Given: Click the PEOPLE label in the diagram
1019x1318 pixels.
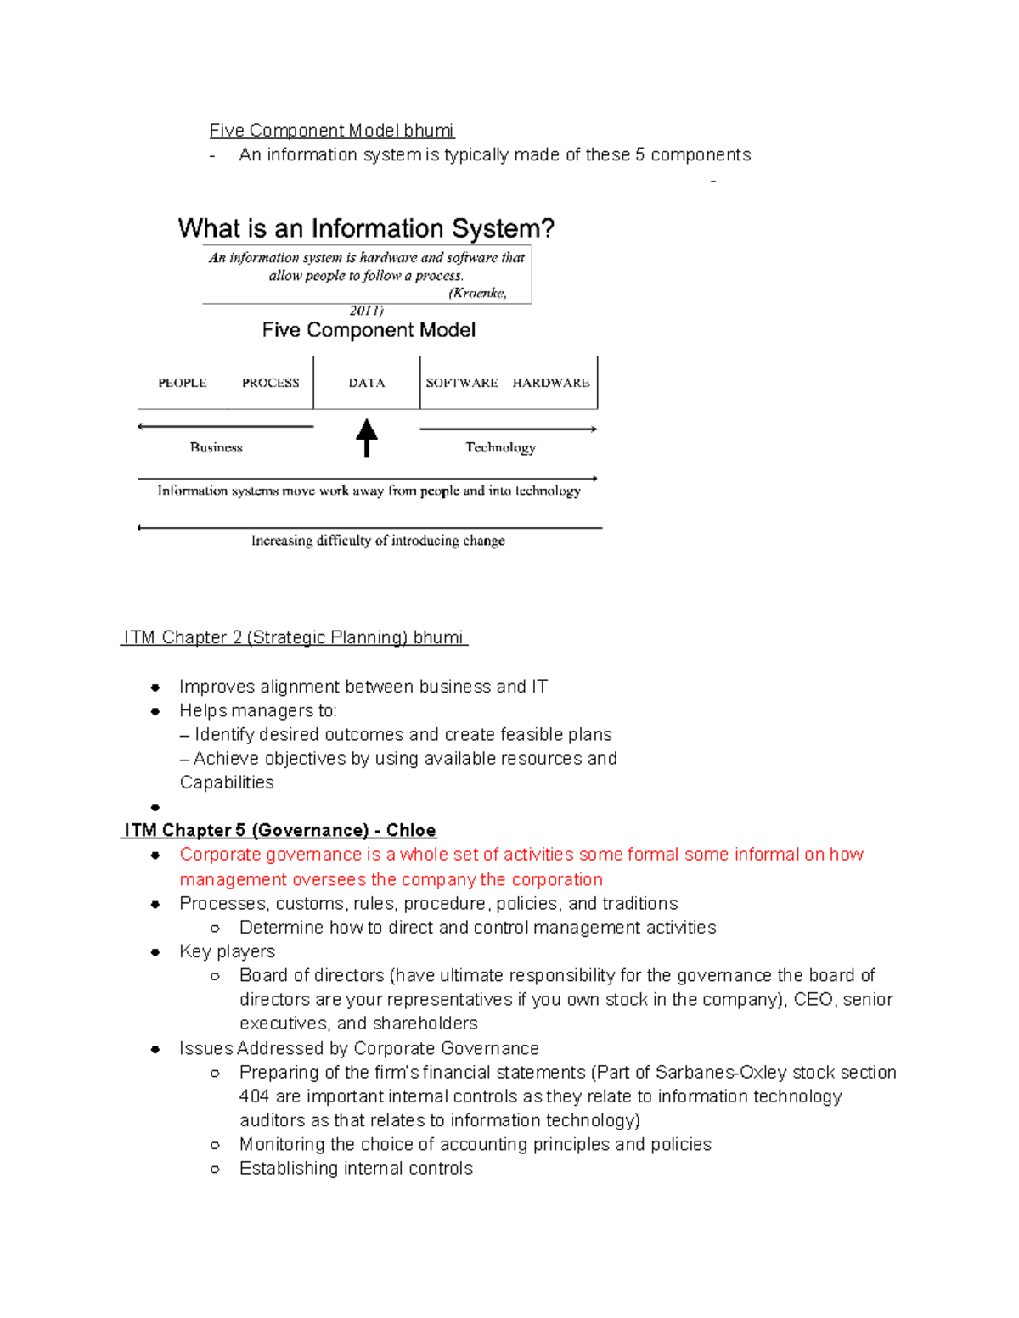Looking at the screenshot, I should click(x=182, y=383).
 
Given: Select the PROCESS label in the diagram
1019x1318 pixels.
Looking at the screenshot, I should click(x=270, y=383).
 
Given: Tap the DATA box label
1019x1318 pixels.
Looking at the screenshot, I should click(x=366, y=383).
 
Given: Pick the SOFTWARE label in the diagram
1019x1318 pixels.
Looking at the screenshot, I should click(x=461, y=383).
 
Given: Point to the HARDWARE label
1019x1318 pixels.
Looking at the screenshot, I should click(x=551, y=383).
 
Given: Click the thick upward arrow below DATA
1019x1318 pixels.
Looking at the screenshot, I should click(x=366, y=438).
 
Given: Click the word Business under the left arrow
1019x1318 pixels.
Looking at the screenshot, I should click(x=216, y=447).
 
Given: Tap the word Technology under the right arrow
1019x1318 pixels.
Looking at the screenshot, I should click(x=500, y=447).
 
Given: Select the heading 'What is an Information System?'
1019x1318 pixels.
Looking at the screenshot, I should click(x=366, y=228).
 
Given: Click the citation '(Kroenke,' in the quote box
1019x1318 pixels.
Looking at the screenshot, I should click(x=477, y=293).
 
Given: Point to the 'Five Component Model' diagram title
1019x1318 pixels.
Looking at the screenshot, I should click(x=369, y=330).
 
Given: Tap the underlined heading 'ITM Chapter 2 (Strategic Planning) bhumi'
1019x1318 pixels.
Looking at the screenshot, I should click(x=294, y=637).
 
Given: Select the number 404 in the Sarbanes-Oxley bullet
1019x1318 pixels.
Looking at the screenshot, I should click(x=254, y=1096).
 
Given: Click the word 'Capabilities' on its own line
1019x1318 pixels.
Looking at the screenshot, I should click(x=227, y=782).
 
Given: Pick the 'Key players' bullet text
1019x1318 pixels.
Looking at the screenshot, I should click(x=227, y=951).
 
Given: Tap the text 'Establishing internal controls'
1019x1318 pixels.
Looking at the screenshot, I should click(x=356, y=1169).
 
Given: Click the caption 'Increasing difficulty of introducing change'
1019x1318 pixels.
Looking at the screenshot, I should click(x=378, y=541).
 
